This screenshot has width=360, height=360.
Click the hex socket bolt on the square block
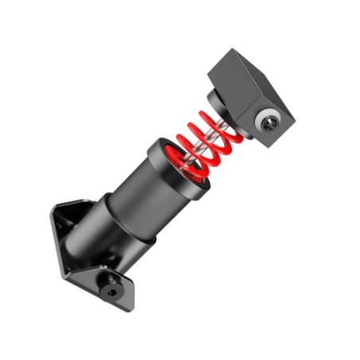tap(268, 122)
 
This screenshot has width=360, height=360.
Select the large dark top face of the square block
tap(239, 75)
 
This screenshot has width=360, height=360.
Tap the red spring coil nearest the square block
tap(217, 119)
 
